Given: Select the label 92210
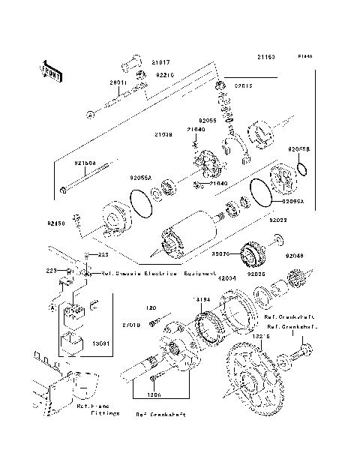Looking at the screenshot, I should click(x=166, y=75).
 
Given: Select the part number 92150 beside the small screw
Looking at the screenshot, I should click(x=57, y=223).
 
